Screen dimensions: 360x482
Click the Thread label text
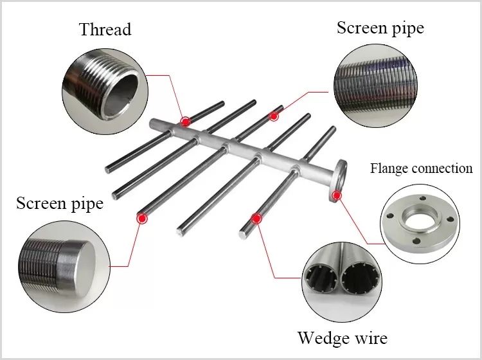[105, 30]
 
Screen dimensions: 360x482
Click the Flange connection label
[421, 169]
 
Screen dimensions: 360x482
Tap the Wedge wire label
[342, 337]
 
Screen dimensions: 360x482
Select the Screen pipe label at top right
[380, 28]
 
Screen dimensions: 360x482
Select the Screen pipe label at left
[59, 204]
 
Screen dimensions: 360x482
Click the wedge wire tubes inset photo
[342, 282]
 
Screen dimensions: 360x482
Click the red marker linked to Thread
[186, 121]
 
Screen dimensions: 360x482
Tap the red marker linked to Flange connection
[335, 195]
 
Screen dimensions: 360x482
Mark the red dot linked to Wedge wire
[256, 219]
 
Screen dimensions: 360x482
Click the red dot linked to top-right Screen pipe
[274, 116]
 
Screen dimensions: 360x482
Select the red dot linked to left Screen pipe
[141, 219]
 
